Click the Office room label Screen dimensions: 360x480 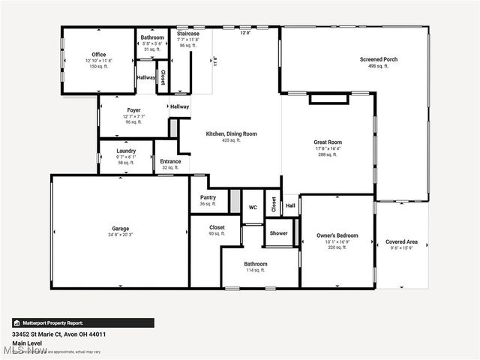pos(99,55)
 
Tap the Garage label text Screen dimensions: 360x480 pos(121,229)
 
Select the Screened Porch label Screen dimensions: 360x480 pos(379,59)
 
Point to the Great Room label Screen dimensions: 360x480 pos(328,142)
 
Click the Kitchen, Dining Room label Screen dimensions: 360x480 pos(232,133)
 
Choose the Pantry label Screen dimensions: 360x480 pos(208,198)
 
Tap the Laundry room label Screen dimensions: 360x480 pos(126,151)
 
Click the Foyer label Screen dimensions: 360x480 pos(133,110)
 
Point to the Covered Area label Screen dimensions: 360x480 pos(401,241)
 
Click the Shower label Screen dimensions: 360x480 pos(279,233)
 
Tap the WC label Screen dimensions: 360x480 pos(253,207)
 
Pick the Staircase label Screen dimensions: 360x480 pos(187,34)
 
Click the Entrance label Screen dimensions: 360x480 pos(170,161)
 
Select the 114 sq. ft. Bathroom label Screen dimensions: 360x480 pos(255,264)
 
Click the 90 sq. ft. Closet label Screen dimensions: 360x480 pos(217,227)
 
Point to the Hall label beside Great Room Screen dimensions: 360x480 pos(290,205)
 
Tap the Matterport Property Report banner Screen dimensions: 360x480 pos(83,322)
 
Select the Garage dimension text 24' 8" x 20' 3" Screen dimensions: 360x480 pos(121,235)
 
